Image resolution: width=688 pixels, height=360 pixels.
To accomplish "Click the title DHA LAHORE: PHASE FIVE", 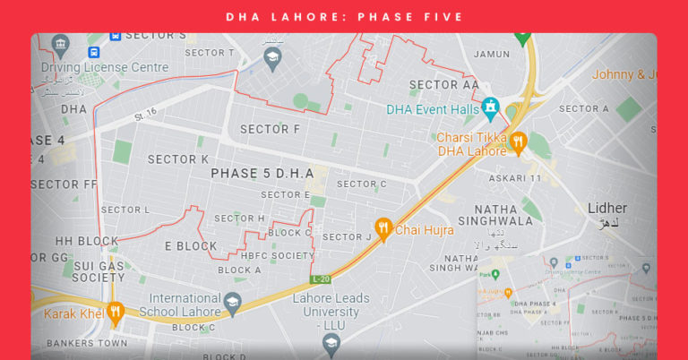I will pyautogui.click(x=344, y=17).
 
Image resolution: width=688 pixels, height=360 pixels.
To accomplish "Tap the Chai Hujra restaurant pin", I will pyautogui.click(x=383, y=229).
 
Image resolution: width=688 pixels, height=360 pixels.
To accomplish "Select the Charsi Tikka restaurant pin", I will pyautogui.click(x=518, y=140).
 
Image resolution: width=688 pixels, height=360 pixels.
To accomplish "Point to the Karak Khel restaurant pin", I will pyautogui.click(x=115, y=313).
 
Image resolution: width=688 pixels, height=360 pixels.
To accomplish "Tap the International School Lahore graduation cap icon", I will pyautogui.click(x=233, y=302).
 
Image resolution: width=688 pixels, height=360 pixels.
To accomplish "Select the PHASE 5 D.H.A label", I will pyautogui.click(x=262, y=173).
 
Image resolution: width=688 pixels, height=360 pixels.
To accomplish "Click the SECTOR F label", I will pyautogui.click(x=270, y=129).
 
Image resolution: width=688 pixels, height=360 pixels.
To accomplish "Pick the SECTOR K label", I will pyautogui.click(x=178, y=159).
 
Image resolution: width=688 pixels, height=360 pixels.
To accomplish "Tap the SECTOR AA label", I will pyautogui.click(x=443, y=84).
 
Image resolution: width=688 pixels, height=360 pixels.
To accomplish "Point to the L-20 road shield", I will pyautogui.click(x=322, y=279).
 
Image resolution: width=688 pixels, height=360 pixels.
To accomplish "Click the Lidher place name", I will pyautogui.click(x=606, y=209).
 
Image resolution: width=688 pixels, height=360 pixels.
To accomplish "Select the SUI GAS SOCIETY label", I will pyautogui.click(x=73, y=271).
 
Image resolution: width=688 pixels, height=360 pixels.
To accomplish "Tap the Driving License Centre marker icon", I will pyautogui.click(x=60, y=44).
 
